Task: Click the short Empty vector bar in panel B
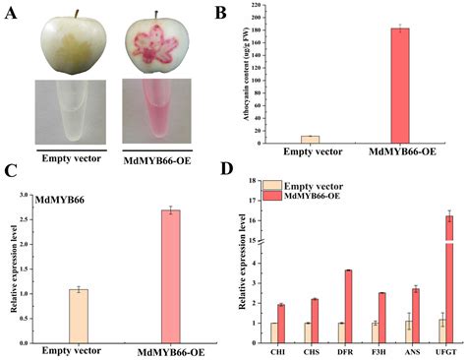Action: [282, 139]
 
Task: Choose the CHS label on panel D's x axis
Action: [312, 347]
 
